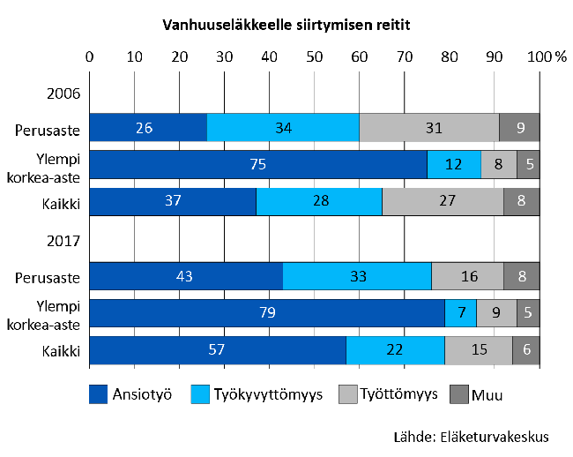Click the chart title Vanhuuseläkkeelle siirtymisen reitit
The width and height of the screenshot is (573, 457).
pyautogui.click(x=286, y=26)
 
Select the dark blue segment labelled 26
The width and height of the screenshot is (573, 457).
pyautogui.click(x=148, y=128)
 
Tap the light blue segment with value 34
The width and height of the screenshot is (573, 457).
pyautogui.click(x=283, y=128)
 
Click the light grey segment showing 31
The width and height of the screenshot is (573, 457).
pyautogui.click(x=429, y=128)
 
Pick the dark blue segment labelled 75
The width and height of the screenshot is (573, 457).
pyautogui.click(x=258, y=165)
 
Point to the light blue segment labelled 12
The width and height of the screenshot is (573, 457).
pyautogui.click(x=454, y=165)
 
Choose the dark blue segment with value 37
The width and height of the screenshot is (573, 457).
pyautogui.click(x=173, y=202)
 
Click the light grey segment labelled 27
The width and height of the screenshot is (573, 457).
pyautogui.click(x=443, y=202)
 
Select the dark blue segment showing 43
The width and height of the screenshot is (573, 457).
pyautogui.click(x=186, y=276)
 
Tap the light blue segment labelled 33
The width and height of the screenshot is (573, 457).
pyautogui.click(x=357, y=276)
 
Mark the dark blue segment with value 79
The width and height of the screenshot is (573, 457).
pyautogui.click(x=267, y=313)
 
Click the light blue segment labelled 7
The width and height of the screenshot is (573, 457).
pyautogui.click(x=460, y=313)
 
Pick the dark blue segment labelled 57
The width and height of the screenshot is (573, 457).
pyautogui.click(x=218, y=350)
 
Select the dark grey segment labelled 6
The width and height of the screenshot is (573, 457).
pyautogui.click(x=526, y=350)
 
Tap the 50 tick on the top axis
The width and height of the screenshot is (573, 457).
pyautogui.click(x=315, y=56)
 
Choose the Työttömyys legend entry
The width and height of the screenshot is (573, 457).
pyautogui.click(x=388, y=394)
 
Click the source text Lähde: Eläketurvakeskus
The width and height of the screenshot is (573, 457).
pyautogui.click(x=471, y=436)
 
